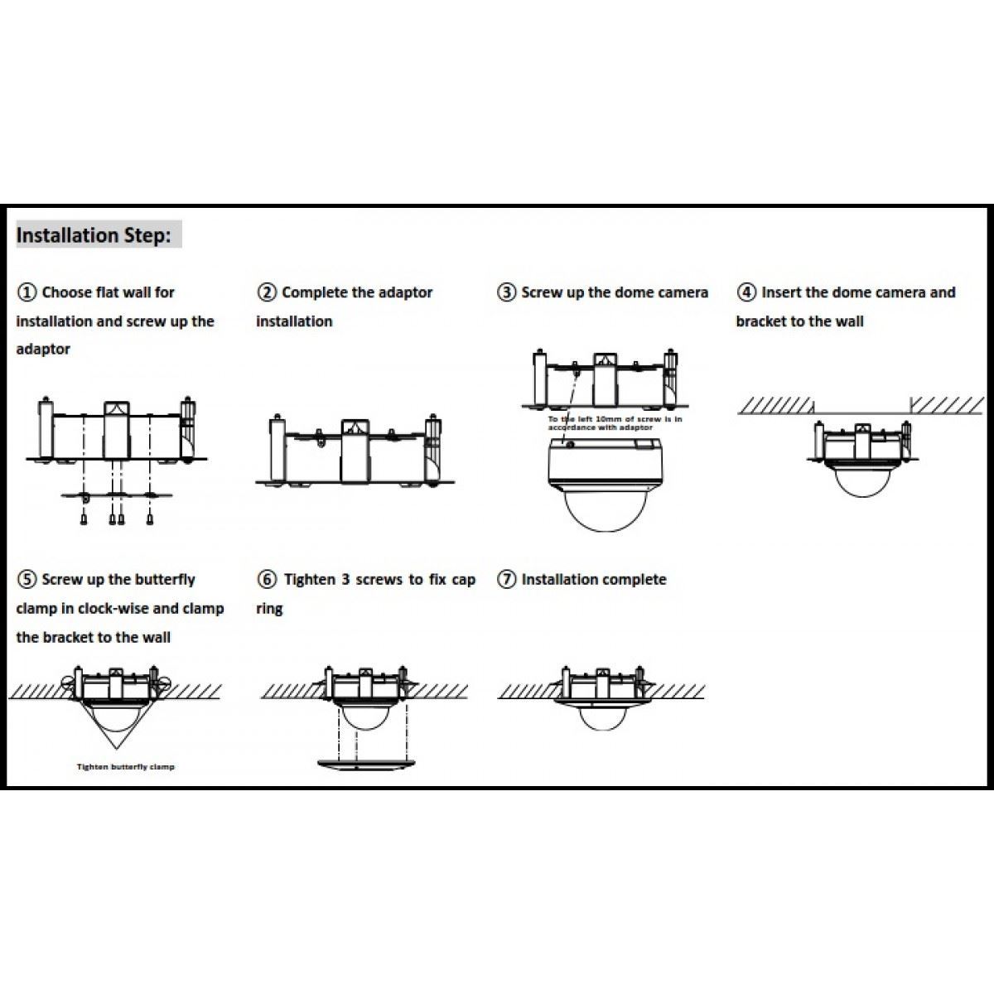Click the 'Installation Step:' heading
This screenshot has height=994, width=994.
pos(94,235)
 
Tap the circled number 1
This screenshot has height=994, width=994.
pos(27,292)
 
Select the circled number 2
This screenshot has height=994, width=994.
pos(267,292)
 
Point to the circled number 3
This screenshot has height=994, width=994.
pos(506,292)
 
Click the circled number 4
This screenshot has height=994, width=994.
pos(746,292)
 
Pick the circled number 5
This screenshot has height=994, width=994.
pos(27,580)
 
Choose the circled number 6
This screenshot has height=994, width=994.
pos(267,580)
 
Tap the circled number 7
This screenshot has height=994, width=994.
pos(506,580)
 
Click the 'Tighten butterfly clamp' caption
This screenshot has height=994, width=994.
pos(126,767)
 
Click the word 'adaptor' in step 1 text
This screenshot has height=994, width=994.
pos(43,350)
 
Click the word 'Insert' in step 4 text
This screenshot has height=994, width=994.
pos(781,292)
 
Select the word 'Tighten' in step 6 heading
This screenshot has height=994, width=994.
pos(310,580)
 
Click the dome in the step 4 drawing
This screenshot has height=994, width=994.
pos(862,480)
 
